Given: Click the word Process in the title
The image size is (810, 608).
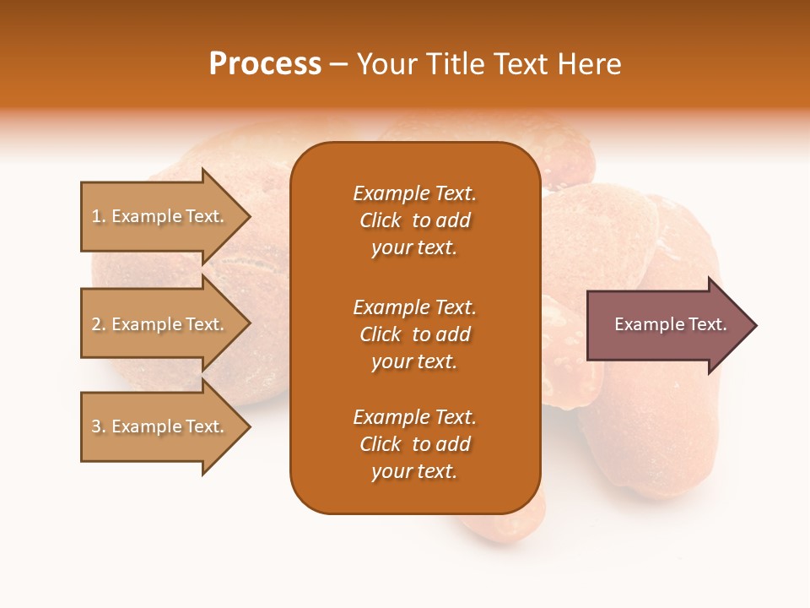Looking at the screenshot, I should (x=265, y=64).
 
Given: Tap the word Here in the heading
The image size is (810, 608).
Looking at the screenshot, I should (x=590, y=64).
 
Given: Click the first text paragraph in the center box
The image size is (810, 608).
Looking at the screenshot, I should (x=414, y=220).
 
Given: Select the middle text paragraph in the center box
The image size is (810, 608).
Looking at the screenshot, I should (x=414, y=334).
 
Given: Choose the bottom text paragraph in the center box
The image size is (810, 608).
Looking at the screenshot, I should (x=414, y=444).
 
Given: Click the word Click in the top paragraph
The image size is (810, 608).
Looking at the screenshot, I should (x=380, y=221).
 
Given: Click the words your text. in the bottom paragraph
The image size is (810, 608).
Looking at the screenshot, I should (x=414, y=472).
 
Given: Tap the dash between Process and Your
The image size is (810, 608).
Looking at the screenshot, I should (x=338, y=64).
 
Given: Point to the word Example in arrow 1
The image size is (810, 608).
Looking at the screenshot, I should (x=145, y=217).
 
